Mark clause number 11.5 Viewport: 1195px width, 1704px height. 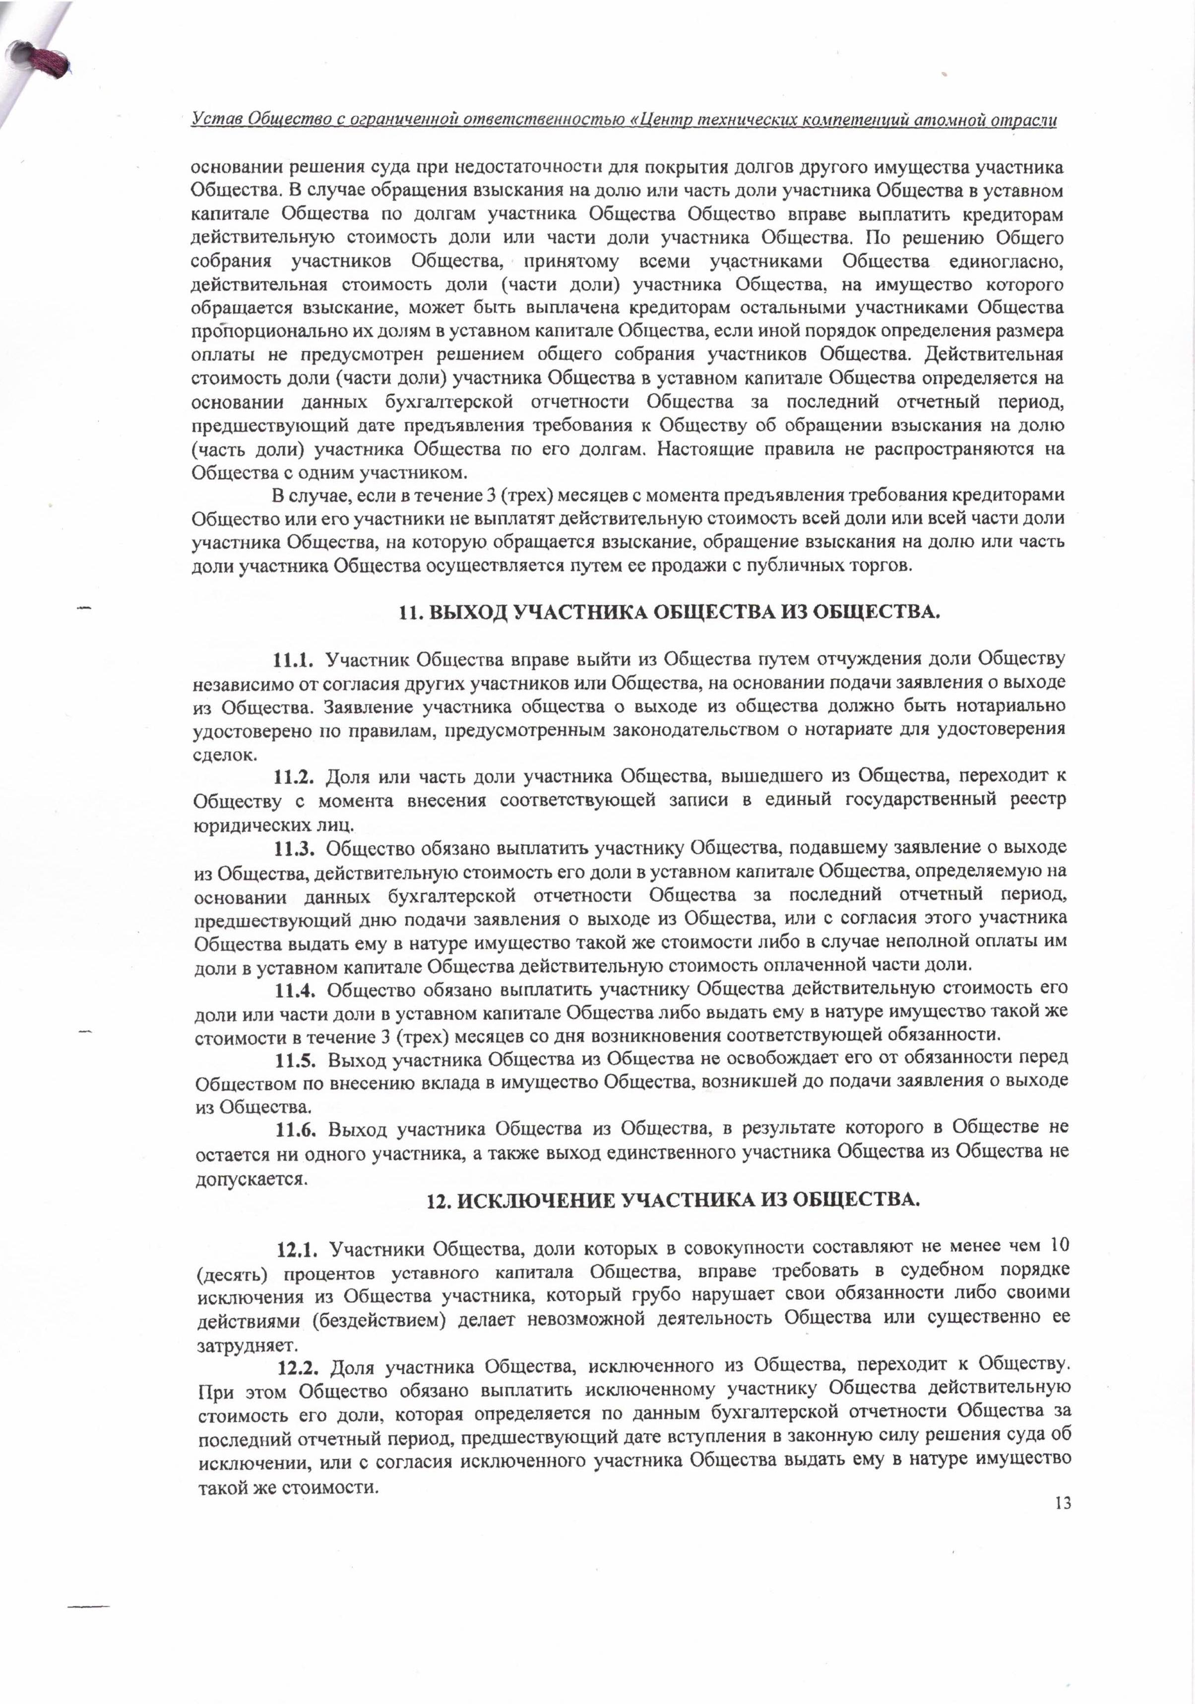(x=297, y=1060)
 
